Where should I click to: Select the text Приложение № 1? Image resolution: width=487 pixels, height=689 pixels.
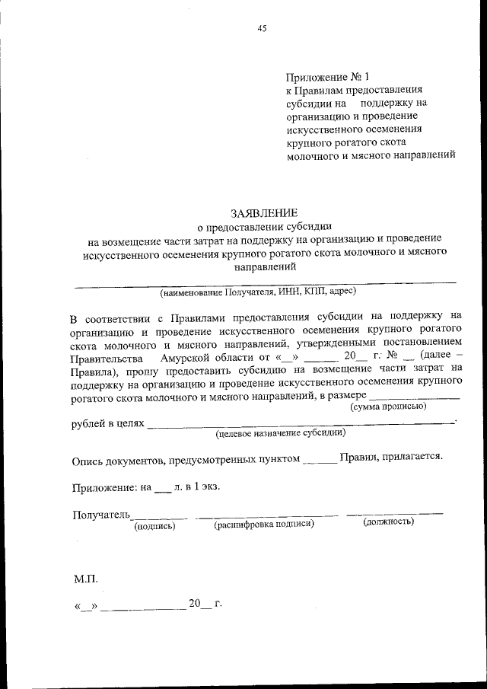coord(327,78)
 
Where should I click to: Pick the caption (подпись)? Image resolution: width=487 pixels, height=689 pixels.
coord(154,525)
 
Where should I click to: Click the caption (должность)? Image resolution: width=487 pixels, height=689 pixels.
coord(389,522)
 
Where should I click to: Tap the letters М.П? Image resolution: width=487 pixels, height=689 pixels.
coord(86,578)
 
